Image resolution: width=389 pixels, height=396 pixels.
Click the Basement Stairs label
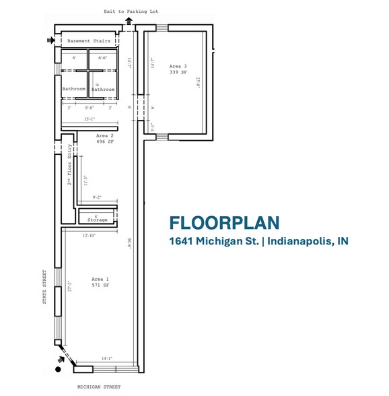[88, 41]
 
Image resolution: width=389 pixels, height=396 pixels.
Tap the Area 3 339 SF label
[176, 69]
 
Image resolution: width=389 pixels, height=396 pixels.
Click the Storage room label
[98, 220]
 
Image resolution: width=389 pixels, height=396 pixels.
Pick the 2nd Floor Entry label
[69, 168]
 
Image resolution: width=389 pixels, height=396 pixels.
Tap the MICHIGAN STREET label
[99, 387]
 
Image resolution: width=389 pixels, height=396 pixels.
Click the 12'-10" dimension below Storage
[90, 235]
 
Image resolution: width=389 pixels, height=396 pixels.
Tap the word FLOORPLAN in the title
[224, 223]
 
